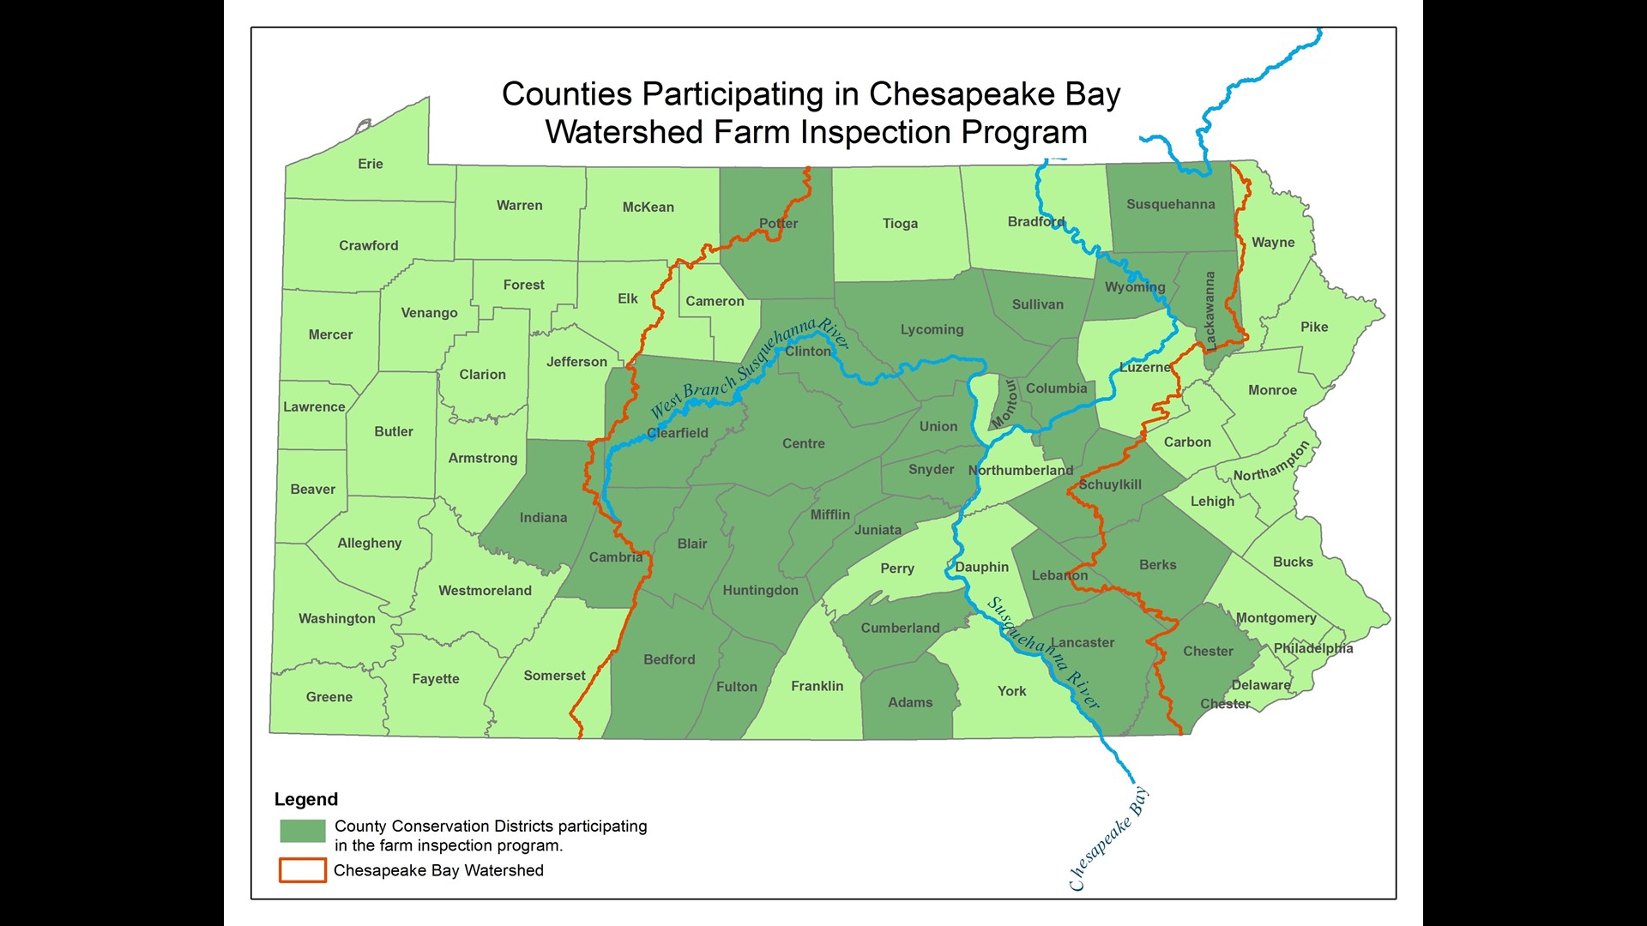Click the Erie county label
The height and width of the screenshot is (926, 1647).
[371, 164]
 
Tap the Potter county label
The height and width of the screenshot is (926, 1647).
[778, 224]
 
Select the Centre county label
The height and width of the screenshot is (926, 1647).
[804, 443]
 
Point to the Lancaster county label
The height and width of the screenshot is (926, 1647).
[1083, 642]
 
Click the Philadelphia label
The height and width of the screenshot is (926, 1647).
[1312, 648]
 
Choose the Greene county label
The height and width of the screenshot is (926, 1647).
[329, 697]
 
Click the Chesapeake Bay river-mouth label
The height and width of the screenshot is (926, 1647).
[1107, 839]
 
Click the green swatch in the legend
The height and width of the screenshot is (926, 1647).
[303, 831]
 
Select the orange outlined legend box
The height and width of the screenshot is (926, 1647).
[303, 870]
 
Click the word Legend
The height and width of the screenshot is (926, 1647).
[306, 799]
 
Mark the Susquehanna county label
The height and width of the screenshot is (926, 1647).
[1170, 204]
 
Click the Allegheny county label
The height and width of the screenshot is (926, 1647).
[370, 543]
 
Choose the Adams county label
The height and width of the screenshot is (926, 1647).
[910, 702]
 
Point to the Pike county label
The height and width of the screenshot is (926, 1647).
[1314, 327]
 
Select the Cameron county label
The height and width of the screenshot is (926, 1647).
[715, 301]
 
